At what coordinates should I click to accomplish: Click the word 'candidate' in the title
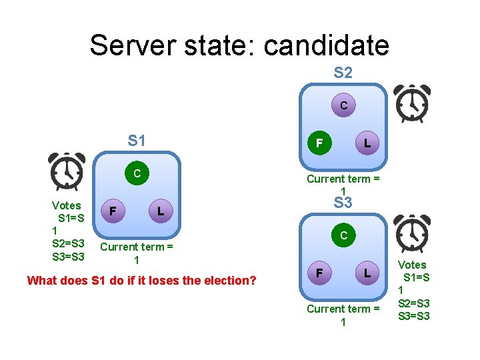coord(326,45)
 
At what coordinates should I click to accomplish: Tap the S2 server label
coord(343,73)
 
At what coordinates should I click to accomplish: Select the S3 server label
coord(343,203)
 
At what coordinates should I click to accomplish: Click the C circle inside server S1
coord(137,173)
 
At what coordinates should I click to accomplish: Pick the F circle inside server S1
coord(114,211)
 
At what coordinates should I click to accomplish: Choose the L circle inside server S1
coord(160,211)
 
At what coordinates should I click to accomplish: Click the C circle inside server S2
coord(343,105)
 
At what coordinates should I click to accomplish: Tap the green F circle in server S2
coord(319,143)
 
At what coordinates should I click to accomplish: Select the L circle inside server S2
coord(367,143)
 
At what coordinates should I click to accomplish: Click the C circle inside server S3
coord(343,235)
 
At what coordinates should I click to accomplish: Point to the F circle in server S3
coord(319,273)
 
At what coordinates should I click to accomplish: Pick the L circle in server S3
coord(367,273)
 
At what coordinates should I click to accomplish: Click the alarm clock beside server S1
coord(67,171)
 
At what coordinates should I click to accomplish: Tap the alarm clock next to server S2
coord(412,103)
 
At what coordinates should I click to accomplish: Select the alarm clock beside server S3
coord(412,235)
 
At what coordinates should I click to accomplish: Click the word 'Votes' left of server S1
coord(66,205)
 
